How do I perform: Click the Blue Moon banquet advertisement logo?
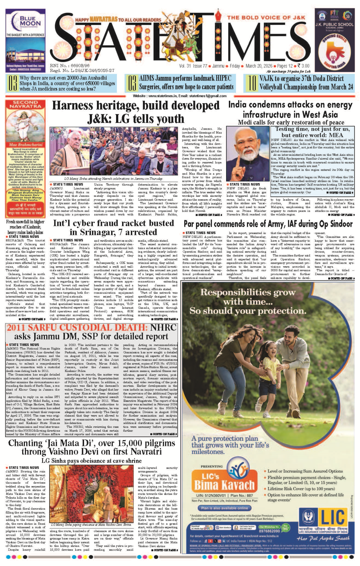(25, 21)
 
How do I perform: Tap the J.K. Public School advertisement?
(334, 40)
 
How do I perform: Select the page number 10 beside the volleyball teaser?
(252, 83)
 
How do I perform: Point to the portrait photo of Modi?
(247, 154)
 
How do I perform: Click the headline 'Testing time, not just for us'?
(312, 129)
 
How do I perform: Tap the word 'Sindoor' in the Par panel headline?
(339, 224)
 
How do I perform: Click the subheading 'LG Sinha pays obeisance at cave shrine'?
(91, 461)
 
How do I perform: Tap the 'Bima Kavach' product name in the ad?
(224, 485)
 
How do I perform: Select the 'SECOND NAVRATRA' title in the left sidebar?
(25, 104)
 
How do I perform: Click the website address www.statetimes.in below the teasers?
(162, 96)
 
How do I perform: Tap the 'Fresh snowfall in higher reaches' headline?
(25, 227)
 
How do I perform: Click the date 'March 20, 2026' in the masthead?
(259, 66)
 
